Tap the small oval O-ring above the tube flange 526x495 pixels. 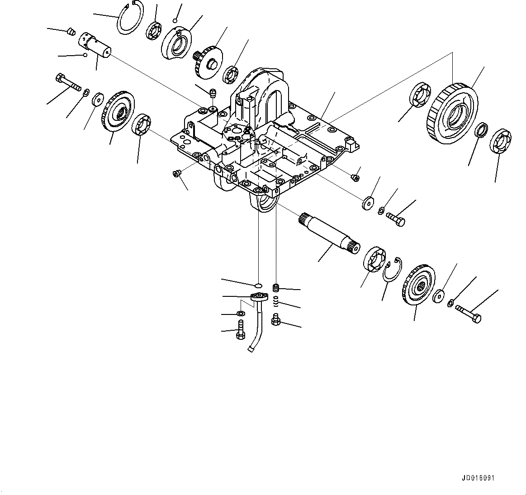(x=258, y=285)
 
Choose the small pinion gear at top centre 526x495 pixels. (x=208, y=61)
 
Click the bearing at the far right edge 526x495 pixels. (x=500, y=142)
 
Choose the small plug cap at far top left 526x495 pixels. (x=70, y=32)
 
